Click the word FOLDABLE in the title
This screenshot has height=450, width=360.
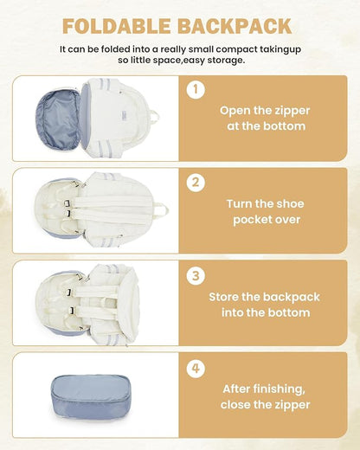coord(116,26)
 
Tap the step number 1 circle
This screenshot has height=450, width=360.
coord(196,89)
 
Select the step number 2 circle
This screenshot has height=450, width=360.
coord(196,183)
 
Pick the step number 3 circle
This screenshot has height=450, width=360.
coord(196,275)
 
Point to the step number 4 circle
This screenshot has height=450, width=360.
coord(196,369)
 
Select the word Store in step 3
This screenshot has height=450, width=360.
coord(224,297)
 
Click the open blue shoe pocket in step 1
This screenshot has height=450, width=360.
coord(58,119)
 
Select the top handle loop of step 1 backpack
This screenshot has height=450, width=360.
coord(155,117)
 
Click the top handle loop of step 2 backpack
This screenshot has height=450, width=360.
coord(163,209)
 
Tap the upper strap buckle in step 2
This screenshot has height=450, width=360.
coord(67,203)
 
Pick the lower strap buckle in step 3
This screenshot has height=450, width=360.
coord(72,311)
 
